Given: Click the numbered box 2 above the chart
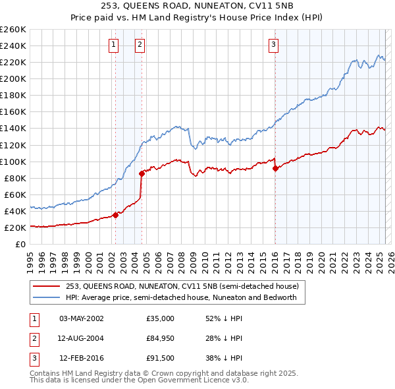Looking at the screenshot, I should (x=140, y=45).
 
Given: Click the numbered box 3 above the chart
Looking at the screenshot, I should (x=273, y=45).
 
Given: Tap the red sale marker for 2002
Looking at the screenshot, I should (x=115, y=214).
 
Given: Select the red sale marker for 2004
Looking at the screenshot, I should (x=142, y=174).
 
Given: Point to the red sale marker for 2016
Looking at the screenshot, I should (x=275, y=168).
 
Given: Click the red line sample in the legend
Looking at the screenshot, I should (x=47, y=286).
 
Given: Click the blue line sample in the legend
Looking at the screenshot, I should (x=47, y=297).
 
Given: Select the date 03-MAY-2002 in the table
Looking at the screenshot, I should (x=82, y=318).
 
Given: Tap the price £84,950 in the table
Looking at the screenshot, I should (x=160, y=338).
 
